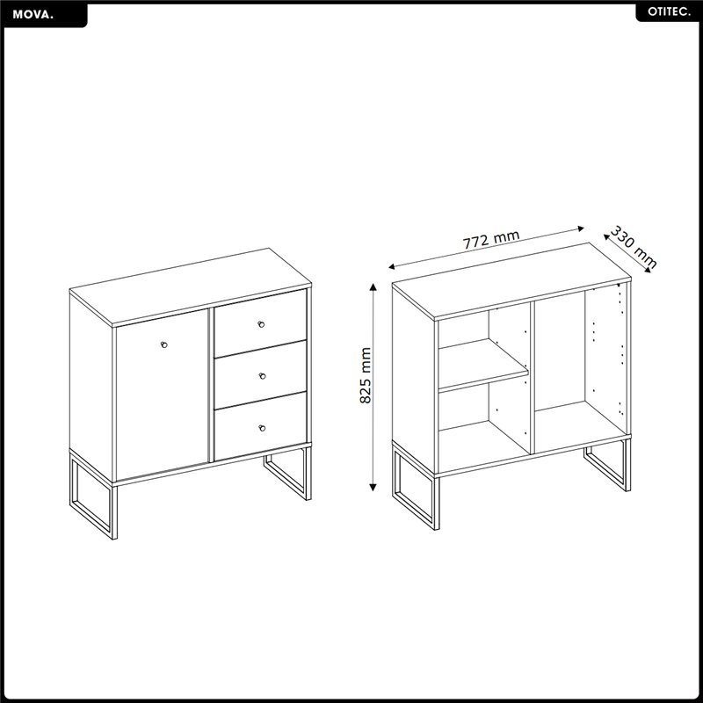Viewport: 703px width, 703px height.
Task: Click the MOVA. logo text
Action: (33, 15)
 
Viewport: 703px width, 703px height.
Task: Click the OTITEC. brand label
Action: (669, 12)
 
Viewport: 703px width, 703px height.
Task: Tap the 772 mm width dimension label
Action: (491, 239)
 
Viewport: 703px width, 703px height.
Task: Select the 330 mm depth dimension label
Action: (633, 248)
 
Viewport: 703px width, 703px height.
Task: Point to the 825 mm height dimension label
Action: (366, 375)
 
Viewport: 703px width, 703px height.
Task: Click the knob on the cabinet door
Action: (163, 344)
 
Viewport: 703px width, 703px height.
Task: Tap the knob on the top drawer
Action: (261, 324)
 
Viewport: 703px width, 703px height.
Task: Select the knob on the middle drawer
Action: (262, 376)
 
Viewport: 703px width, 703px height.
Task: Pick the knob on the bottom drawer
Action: (262, 428)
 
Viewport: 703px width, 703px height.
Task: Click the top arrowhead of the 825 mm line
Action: (373, 286)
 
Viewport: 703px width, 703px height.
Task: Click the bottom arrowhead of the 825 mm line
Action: (373, 488)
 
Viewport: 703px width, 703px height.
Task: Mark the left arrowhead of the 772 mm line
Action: (391, 267)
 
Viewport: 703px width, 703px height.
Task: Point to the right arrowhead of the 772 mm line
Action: (581, 228)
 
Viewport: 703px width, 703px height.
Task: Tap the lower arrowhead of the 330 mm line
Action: (648, 270)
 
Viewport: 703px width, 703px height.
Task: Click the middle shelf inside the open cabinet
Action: (483, 365)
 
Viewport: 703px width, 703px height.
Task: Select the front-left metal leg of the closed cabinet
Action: (93, 496)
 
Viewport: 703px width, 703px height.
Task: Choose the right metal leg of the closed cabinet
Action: (288, 472)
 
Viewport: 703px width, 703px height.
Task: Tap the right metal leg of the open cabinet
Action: (607, 465)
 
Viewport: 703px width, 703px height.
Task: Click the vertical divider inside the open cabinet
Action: (533, 378)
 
